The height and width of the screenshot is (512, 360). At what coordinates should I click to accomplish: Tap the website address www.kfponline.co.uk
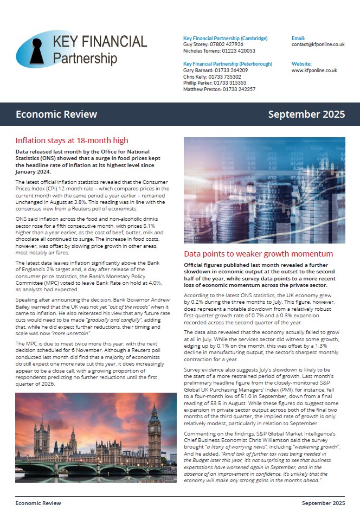click(x=314, y=71)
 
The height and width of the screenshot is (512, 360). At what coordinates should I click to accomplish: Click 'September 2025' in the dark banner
click(x=306, y=114)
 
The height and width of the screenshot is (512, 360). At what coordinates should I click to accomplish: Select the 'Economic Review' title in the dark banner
click(x=56, y=114)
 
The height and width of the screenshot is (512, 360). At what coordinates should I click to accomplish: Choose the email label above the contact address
click(x=298, y=39)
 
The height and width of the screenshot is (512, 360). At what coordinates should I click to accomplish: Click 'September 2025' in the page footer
click(x=323, y=503)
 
